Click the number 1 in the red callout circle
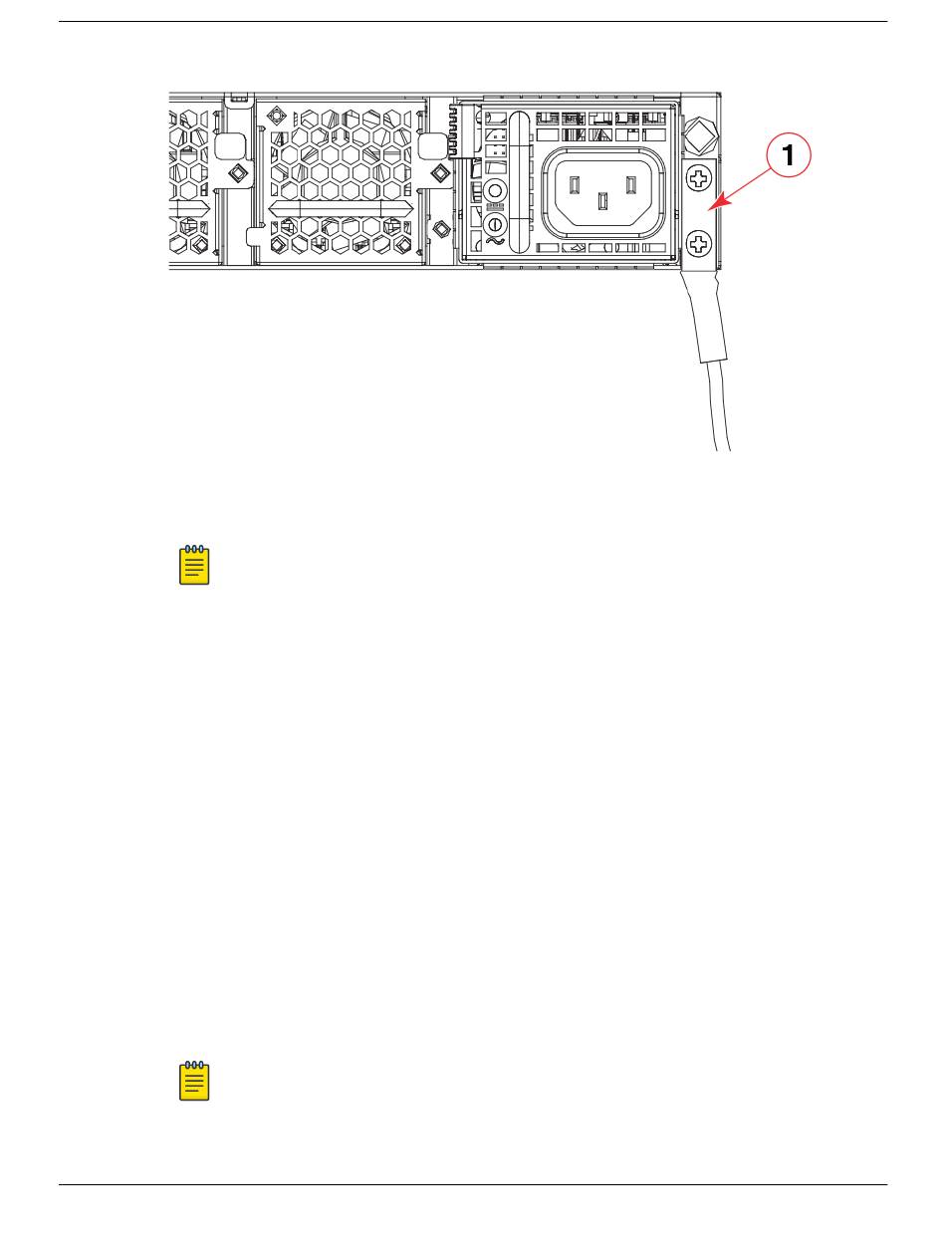tap(788, 156)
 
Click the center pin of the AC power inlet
tap(601, 201)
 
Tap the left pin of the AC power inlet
tap(574, 184)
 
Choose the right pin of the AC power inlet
tap(629, 184)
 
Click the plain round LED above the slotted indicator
tap(493, 190)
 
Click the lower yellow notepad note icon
tap(194, 1081)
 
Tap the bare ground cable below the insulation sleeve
tap(720, 408)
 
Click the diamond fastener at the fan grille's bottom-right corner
tap(405, 245)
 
